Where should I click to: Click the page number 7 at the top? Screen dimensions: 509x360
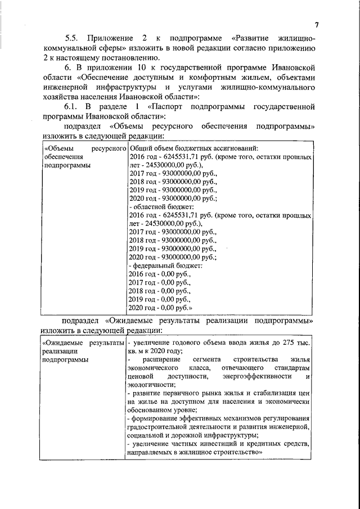(x=317, y=25)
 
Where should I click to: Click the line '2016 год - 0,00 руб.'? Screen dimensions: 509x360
(x=160, y=274)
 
